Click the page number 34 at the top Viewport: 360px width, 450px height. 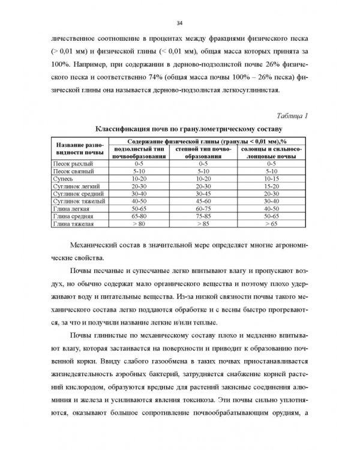tap(179, 23)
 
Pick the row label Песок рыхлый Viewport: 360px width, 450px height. tap(73, 163)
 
